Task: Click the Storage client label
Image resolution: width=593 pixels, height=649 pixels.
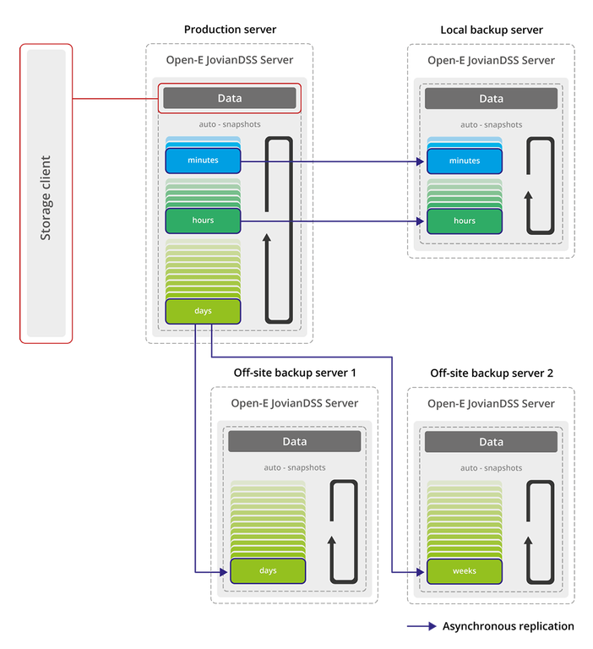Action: [x=46, y=197]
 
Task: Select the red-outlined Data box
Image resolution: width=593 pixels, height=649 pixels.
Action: [x=229, y=98]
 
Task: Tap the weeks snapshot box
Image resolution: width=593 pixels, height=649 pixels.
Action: [x=464, y=571]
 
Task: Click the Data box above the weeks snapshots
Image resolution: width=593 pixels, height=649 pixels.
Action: [x=491, y=441]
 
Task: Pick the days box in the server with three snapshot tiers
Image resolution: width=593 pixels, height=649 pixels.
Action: [x=203, y=311]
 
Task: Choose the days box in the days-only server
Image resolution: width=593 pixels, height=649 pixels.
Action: [x=268, y=571]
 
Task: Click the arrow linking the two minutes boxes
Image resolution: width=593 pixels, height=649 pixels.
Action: [x=334, y=161]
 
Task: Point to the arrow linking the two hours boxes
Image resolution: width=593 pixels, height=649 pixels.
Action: [x=334, y=221]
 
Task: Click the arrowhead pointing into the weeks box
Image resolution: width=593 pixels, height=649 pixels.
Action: [x=419, y=572]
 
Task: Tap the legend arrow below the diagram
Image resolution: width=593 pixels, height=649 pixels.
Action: [x=422, y=626]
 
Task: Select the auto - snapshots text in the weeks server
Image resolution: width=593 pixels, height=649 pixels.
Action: [x=491, y=467]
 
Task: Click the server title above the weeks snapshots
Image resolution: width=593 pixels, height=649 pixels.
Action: [x=491, y=404]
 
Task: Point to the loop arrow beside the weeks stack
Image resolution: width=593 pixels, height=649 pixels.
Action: [x=541, y=532]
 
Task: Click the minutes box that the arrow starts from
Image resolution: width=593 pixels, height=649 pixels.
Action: [x=203, y=161]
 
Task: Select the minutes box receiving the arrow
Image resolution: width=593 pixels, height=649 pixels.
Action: [x=464, y=161]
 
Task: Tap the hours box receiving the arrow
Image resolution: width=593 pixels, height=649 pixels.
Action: [x=464, y=221]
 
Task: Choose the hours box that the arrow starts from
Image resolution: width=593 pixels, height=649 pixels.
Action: [x=203, y=221]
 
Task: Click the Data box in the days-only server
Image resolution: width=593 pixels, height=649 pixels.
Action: [x=294, y=441]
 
